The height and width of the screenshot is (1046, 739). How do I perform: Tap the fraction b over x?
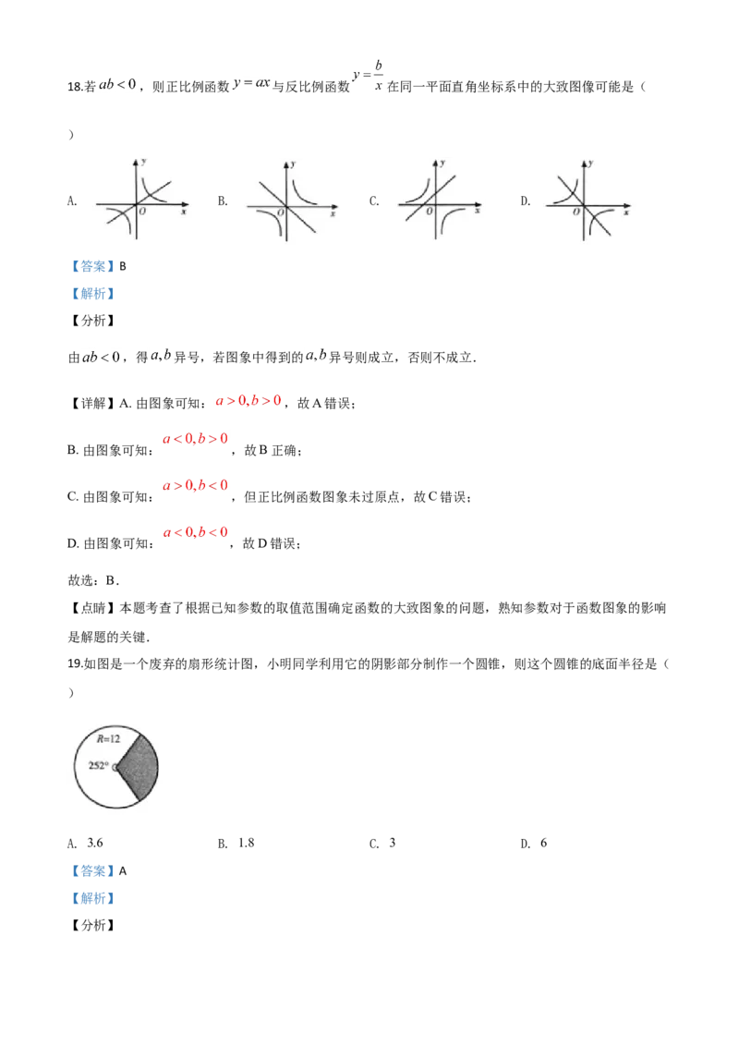click(x=378, y=76)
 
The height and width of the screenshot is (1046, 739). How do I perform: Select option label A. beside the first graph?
click(x=73, y=201)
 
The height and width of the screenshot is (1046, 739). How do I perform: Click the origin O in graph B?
click(x=280, y=213)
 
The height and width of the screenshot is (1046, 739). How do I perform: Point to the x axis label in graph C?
click(x=478, y=211)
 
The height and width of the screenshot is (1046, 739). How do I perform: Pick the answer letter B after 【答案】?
click(x=123, y=266)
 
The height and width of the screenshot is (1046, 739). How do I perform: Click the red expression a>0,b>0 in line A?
click(x=248, y=401)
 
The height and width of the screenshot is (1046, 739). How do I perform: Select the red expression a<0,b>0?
click(x=196, y=439)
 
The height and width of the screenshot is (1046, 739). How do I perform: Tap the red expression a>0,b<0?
click(x=196, y=486)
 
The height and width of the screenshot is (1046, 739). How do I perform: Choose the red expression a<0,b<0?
click(x=196, y=532)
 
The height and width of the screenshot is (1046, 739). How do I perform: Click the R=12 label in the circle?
click(x=108, y=738)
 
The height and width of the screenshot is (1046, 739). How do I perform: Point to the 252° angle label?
click(x=98, y=765)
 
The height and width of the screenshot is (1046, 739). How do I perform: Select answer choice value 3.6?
click(x=95, y=844)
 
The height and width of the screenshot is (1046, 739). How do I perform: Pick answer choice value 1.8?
click(x=246, y=844)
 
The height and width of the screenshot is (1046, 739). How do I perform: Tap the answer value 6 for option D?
click(x=543, y=844)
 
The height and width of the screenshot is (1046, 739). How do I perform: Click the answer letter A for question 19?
click(x=123, y=871)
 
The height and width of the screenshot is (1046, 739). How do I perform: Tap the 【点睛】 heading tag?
click(x=93, y=608)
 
